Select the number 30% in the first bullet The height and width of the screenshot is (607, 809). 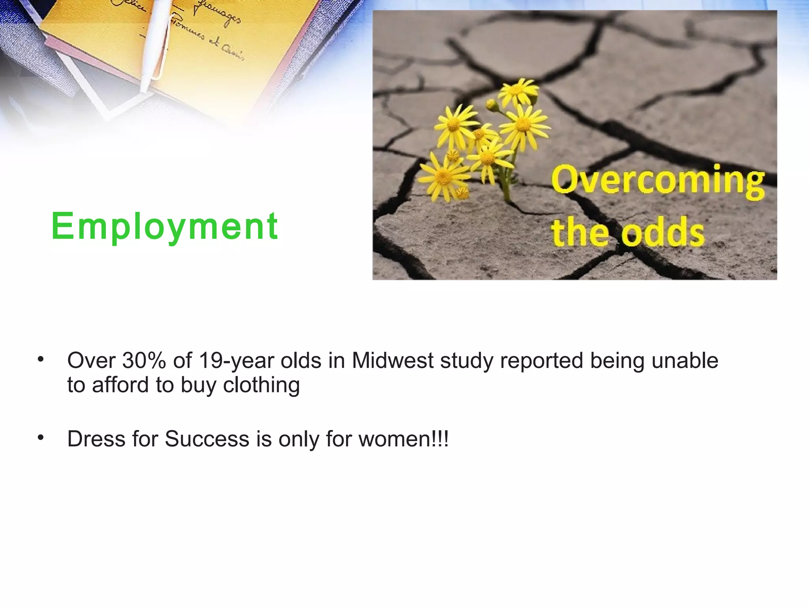(144, 360)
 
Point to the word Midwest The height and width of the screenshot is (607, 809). (393, 360)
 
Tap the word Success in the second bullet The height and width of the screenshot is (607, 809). (207, 439)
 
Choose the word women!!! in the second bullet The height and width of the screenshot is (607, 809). (403, 439)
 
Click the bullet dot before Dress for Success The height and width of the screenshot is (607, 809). (40, 437)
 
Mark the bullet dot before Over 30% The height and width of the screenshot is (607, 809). (40, 359)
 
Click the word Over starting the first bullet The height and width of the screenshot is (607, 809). (91, 360)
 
